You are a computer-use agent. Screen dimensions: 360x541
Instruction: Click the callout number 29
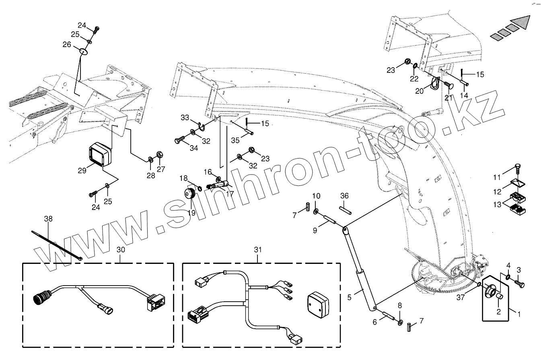[x=82, y=171]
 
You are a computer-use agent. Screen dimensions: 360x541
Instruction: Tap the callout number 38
[x=48, y=219]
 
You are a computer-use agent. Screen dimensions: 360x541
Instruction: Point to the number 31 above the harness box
[x=258, y=250]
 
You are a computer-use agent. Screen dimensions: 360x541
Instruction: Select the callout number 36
[x=344, y=196]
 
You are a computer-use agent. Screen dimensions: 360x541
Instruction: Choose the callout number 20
[x=420, y=91]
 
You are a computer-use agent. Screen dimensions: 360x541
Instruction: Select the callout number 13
[x=498, y=205]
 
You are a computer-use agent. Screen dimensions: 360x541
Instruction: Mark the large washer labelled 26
[x=83, y=51]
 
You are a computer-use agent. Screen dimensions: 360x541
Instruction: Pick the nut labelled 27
[x=159, y=154]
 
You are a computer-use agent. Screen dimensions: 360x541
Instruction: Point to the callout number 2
[x=498, y=311]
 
